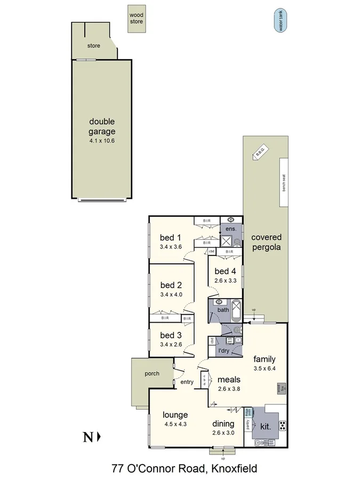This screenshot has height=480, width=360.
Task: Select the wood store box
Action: [x=137, y=20]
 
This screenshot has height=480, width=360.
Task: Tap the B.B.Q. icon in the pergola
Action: [x=260, y=154]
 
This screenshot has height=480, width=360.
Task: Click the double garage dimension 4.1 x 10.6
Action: [x=102, y=141]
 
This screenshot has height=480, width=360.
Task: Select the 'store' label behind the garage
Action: [x=94, y=46]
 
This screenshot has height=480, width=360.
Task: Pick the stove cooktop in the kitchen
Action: [x=282, y=425]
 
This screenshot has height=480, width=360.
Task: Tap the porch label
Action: [x=152, y=373]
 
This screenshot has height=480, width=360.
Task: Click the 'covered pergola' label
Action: [x=267, y=242]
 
